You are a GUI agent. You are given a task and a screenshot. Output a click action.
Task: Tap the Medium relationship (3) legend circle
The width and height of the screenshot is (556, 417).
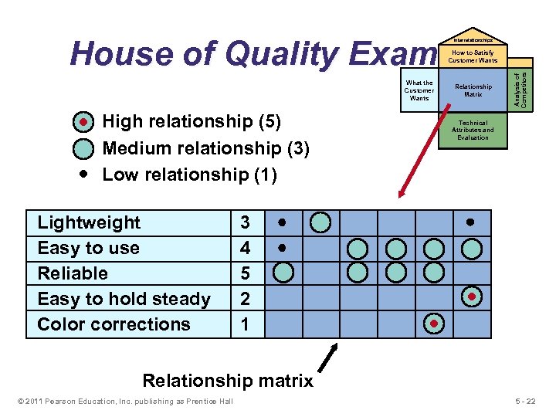click(84, 148)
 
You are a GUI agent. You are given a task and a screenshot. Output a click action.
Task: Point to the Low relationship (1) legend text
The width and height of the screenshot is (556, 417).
click(189, 175)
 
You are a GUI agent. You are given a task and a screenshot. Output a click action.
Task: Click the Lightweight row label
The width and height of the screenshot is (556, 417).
click(89, 222)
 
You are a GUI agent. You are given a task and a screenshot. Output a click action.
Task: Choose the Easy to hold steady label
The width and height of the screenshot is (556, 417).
click(124, 299)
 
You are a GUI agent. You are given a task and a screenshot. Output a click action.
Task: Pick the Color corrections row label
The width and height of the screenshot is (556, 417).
click(114, 324)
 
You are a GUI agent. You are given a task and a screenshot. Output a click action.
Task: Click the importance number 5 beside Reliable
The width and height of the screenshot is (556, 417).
click(245, 273)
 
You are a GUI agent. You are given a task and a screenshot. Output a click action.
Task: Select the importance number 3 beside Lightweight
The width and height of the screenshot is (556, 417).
click(245, 222)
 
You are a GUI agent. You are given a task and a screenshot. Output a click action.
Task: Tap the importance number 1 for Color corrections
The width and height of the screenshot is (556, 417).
click(245, 324)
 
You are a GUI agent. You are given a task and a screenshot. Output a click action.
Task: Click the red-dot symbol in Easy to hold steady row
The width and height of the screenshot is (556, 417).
click(471, 297)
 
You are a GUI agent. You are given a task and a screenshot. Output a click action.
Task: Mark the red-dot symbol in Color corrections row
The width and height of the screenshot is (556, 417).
click(435, 323)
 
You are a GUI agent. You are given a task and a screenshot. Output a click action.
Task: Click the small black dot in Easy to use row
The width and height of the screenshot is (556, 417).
click(283, 248)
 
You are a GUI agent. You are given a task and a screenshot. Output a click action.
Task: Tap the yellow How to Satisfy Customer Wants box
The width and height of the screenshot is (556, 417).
click(473, 56)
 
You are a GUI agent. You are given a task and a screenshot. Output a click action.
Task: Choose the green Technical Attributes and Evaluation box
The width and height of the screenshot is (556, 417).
click(473, 130)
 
